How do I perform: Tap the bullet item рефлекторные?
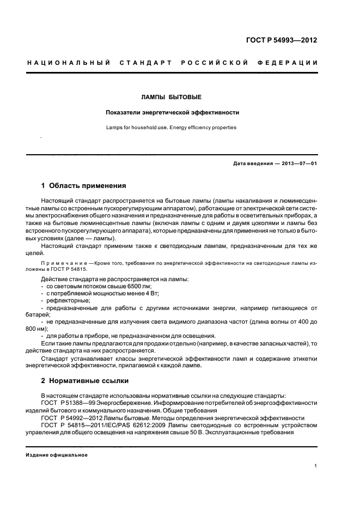pyautogui.click(x=68, y=300)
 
